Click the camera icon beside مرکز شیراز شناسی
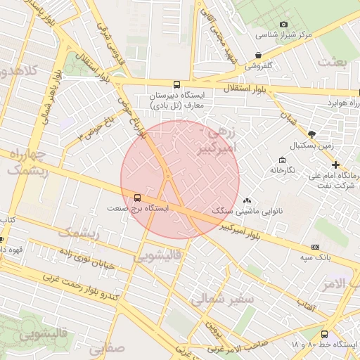pos(284,25)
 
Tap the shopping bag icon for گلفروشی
pos(259,55)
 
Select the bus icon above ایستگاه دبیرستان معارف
pos(176,84)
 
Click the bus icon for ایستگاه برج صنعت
pos(136,198)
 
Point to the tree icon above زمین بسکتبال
pos(311,134)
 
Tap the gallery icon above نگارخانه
pos(282,160)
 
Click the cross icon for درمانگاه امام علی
pos(335,164)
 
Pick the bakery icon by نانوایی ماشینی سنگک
pos(247,200)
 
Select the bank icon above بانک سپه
pos(315,247)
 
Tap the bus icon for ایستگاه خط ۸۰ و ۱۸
pos(324,334)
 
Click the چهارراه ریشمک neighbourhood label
pos(27,162)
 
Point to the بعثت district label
pos(332,62)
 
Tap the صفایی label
pos(107,347)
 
